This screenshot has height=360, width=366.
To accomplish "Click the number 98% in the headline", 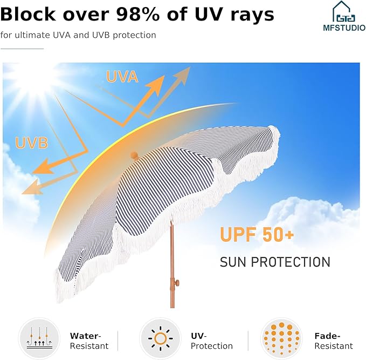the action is pos(137,14).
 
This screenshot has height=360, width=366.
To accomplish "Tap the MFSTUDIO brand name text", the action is pos(344,28).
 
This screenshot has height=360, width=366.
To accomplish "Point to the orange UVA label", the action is pos(122,77).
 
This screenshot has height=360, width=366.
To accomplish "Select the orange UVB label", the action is pos(31,142).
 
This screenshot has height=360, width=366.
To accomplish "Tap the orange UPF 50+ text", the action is pos(257,234).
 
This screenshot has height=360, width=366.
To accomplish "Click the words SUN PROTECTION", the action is pos(275,262).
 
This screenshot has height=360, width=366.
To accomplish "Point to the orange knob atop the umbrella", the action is pos(134,155).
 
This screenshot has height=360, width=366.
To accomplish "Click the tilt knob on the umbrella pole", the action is pos(177,283).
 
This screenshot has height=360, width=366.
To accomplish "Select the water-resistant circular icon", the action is pos(39,338).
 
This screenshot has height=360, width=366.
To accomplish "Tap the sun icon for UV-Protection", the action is pos(160,338).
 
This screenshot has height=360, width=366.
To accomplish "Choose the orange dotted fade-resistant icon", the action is pos(281,338).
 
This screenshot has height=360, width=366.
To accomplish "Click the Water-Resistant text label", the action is pos(89,341).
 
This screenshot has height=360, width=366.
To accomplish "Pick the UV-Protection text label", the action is pos(212,341).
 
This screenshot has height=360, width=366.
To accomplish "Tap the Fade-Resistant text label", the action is pos(334,341).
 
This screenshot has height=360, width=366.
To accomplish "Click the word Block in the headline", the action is pos(28,14).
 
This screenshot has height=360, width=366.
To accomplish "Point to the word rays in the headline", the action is pos(252,16).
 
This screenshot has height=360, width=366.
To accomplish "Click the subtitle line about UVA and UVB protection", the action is pos(78,35).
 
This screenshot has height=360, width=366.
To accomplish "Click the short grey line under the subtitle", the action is pos(22,49).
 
